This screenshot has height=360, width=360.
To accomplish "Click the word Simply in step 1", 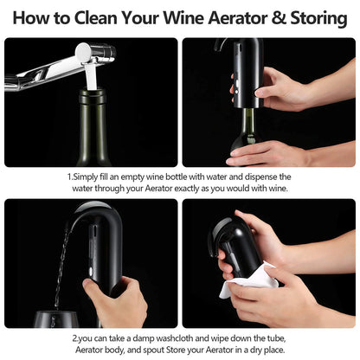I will (x=90, y=176).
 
